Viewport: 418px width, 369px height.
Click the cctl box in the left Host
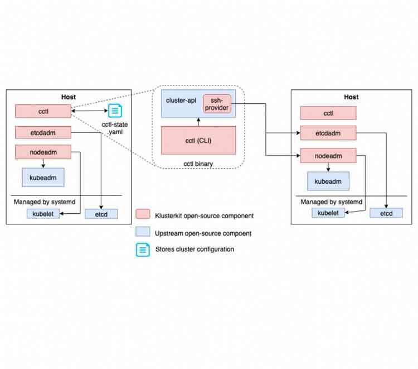click(43, 111)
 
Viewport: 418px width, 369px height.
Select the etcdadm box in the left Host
click(43, 132)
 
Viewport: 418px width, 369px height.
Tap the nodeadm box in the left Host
click(43, 151)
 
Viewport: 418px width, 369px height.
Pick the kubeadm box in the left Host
click(43, 177)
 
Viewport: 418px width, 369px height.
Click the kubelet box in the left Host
click(43, 214)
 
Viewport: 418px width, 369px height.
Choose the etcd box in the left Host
click(101, 214)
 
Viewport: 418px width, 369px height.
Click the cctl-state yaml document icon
click(114, 111)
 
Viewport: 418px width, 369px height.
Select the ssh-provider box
click(216, 103)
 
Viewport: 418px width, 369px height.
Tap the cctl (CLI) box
click(198, 140)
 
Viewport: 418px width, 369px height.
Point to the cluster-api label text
click(181, 99)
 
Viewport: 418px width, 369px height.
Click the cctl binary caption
click(198, 163)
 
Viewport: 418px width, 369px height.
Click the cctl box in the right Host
click(328, 113)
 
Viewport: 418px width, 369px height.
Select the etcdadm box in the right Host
click(328, 133)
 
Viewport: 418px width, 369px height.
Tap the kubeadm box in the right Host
click(328, 181)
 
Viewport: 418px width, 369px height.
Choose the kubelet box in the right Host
click(328, 213)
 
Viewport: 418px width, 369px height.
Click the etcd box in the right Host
click(386, 213)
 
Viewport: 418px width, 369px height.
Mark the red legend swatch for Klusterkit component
click(143, 215)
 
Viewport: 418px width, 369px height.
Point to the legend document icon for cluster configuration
click(143, 249)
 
